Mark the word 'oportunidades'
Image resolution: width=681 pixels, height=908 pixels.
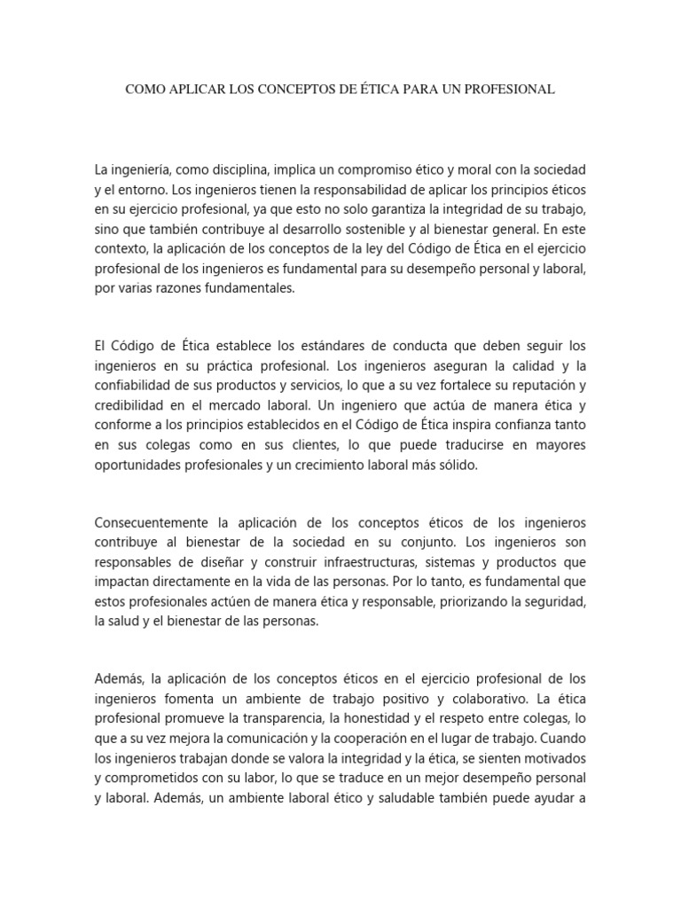click(x=139, y=465)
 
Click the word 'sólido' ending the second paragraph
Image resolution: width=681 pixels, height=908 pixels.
click(x=458, y=465)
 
